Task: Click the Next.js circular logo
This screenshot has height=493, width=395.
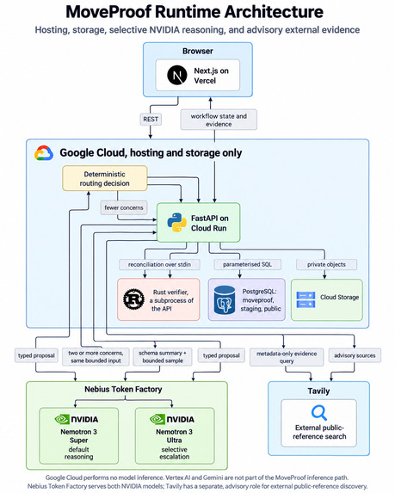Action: tap(177, 75)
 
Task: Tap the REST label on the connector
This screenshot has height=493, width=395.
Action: tap(151, 119)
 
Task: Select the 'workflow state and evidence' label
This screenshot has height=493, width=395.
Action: tap(219, 120)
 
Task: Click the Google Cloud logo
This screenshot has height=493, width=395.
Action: tap(44, 153)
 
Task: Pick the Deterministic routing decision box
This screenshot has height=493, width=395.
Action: tap(105, 178)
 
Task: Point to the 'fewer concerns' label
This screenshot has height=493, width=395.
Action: tap(124, 207)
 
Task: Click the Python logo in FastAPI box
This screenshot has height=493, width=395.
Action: tap(176, 223)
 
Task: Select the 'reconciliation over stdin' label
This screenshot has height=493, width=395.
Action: tap(159, 264)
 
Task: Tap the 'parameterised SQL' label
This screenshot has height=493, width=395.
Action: tap(248, 264)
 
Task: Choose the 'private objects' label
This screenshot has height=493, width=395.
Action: tap(326, 264)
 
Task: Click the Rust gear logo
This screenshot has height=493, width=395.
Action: tap(134, 299)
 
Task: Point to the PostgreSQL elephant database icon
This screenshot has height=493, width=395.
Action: tap(225, 300)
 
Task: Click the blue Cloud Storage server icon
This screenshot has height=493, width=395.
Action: tap(306, 299)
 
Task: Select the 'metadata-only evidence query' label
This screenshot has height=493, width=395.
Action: tap(287, 357)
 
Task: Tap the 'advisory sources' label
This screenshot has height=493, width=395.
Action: tap(355, 355)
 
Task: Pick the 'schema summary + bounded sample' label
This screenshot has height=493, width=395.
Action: tap(163, 356)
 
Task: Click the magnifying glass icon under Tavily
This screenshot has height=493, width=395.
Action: tap(319, 413)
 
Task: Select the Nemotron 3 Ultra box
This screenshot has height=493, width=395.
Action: tap(175, 435)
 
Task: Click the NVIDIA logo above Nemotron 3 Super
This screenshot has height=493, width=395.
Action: tap(77, 419)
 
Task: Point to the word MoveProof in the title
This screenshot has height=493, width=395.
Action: tap(108, 12)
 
